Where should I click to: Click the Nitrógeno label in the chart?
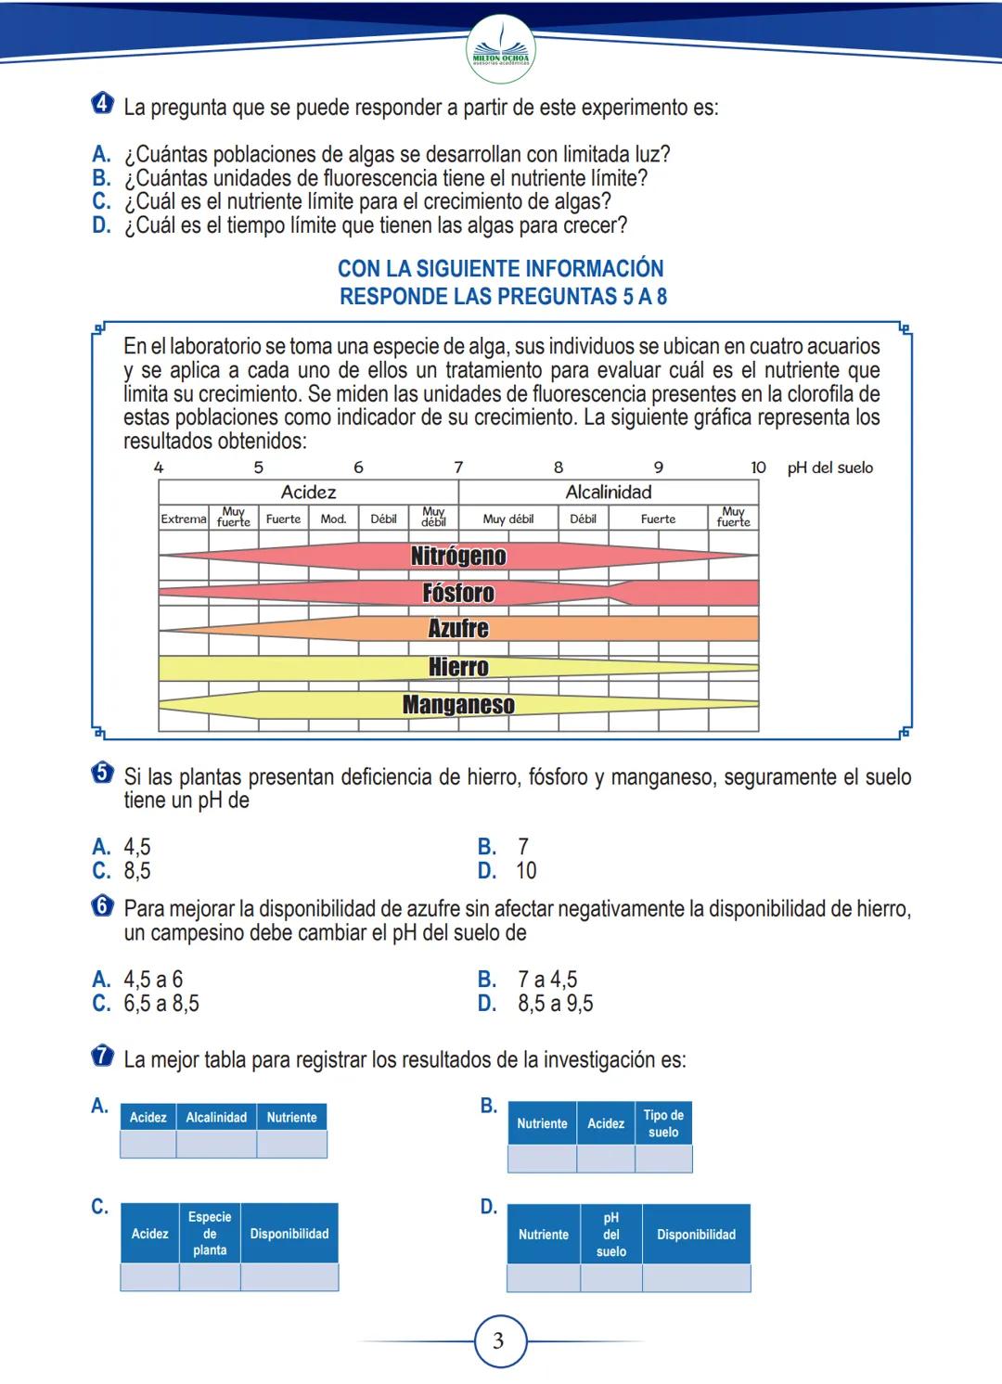458,556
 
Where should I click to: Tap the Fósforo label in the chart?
458,593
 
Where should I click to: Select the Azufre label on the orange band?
458,629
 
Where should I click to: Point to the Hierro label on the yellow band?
458,667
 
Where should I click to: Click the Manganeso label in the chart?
458,705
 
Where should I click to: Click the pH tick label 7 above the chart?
458,468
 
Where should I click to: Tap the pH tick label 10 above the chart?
758,468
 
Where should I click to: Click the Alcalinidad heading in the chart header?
609,493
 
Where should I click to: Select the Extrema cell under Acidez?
184,519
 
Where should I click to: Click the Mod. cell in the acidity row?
333,519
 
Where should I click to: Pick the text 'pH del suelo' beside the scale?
830,468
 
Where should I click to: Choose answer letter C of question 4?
101,201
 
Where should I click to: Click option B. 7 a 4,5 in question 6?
529,980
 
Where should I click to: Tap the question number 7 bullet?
103,1057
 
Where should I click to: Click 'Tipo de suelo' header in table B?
663,1123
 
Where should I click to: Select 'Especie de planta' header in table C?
210,1234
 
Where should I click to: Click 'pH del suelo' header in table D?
610,1235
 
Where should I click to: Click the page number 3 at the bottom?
499,1340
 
